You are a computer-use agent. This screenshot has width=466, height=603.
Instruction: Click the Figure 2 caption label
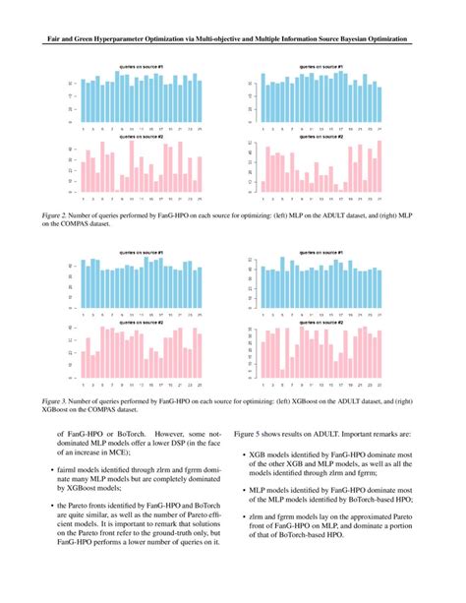pos(55,211)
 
